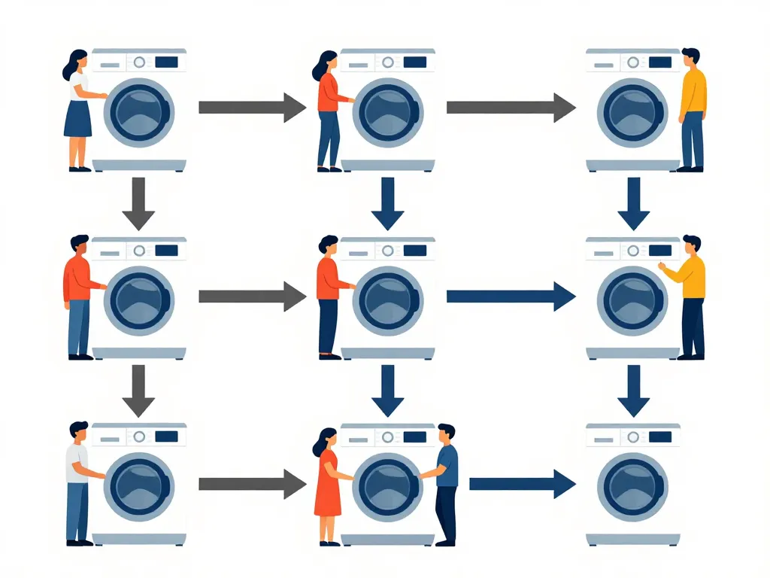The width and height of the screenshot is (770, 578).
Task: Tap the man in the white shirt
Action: [x=77, y=482]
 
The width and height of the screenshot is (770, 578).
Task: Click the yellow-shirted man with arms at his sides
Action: [x=692, y=109]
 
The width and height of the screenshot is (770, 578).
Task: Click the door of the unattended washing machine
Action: [x=632, y=486]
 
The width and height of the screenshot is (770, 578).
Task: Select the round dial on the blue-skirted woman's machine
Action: [x=139, y=62]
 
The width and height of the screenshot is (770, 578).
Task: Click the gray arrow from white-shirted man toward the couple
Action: [x=252, y=483]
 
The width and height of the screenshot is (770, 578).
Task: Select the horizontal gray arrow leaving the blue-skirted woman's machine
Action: [x=252, y=107]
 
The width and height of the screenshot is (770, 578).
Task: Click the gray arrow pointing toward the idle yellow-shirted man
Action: [x=511, y=107]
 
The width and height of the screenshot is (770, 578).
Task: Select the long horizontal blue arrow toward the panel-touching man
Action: [x=511, y=296]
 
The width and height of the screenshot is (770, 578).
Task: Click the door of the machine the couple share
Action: [x=387, y=486]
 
